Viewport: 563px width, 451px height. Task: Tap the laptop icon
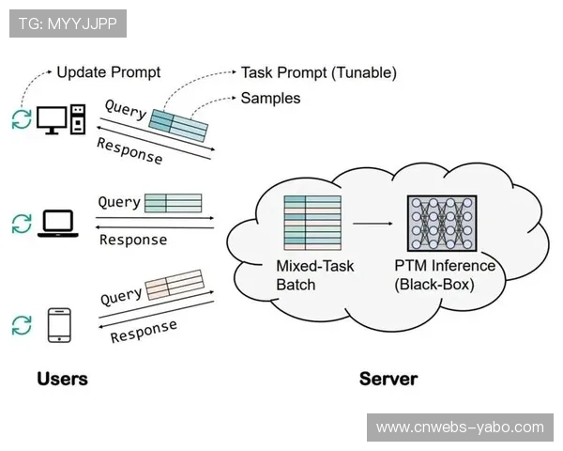(56, 223)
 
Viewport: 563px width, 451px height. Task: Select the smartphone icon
(59, 324)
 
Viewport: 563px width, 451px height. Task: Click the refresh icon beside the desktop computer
(21, 119)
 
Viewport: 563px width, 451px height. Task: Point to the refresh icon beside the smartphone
(21, 325)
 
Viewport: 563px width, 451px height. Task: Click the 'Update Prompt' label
(109, 72)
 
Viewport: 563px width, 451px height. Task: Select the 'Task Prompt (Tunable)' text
(318, 72)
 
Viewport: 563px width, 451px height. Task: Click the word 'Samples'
(270, 98)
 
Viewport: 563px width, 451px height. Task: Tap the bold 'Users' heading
(62, 379)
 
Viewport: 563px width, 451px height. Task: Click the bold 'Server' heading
(388, 379)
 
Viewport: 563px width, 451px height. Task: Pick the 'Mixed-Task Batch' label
(314, 274)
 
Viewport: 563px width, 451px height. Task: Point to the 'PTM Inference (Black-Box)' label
(444, 274)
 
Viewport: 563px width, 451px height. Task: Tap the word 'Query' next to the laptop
(119, 202)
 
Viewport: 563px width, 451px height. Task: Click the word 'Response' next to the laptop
(133, 240)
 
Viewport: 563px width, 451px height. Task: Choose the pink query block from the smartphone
(174, 285)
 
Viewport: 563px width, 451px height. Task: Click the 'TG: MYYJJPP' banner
(68, 23)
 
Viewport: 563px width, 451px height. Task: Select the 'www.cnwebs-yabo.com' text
(460, 428)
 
